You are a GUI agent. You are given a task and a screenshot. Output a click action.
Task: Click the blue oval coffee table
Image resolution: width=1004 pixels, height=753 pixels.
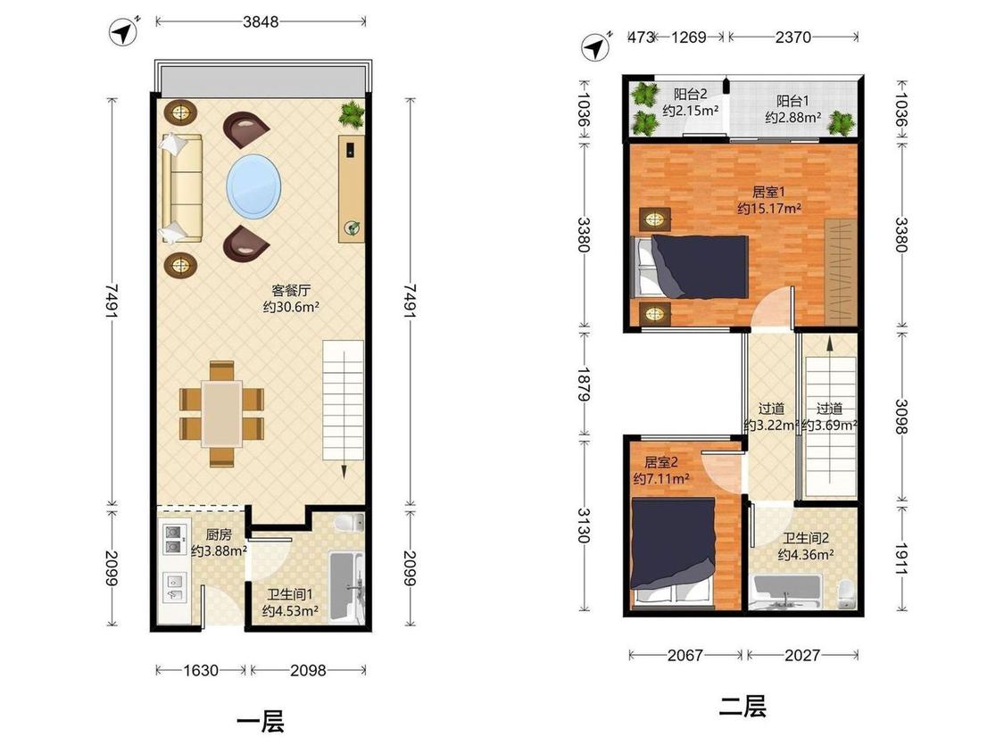click(253, 186)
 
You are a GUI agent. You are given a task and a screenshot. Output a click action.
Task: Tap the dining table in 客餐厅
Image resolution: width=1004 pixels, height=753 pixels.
click(221, 414)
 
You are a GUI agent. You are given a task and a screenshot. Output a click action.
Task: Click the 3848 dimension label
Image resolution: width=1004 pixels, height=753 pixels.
click(261, 21)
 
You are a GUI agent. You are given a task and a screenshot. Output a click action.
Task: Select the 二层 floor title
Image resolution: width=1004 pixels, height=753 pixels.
click(743, 707)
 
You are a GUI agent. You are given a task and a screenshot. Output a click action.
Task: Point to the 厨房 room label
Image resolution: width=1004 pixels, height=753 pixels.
click(219, 534)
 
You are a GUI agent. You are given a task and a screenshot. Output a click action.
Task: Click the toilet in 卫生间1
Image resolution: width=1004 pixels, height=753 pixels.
click(350, 523)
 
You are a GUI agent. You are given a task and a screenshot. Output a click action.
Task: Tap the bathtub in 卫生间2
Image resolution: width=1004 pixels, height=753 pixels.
click(787, 592)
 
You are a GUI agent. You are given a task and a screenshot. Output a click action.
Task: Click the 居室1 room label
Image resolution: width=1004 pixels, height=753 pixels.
click(768, 192)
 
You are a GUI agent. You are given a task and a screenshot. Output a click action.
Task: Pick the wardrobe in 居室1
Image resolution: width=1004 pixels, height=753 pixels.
click(841, 271)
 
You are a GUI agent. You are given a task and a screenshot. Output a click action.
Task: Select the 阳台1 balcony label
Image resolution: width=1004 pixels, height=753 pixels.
click(792, 101)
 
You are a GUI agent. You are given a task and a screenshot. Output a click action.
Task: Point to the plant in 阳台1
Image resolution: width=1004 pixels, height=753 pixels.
click(841, 122)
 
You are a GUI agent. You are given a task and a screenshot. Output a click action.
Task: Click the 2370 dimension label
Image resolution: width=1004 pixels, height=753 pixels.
click(792, 37)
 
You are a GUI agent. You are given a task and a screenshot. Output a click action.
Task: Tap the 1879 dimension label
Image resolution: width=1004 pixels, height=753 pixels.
click(584, 384)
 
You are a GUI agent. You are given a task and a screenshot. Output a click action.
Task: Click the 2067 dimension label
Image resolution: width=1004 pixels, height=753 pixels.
click(685, 655)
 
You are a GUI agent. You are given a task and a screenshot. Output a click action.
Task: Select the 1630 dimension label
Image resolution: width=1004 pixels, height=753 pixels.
click(201, 670)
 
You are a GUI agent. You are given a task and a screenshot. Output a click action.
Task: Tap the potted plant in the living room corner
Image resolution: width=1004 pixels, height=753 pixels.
click(352, 114)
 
